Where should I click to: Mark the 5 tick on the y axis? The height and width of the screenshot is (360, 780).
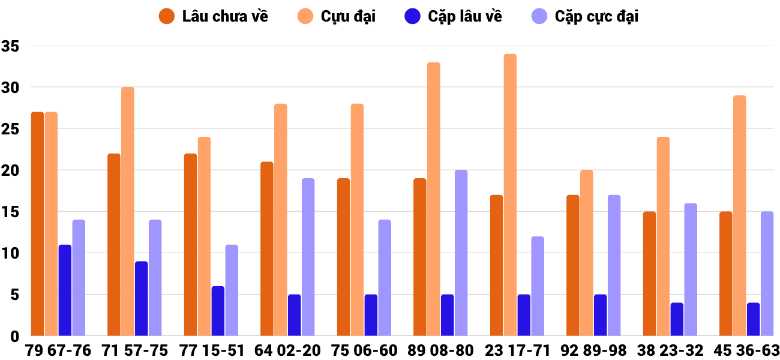tap(14, 295)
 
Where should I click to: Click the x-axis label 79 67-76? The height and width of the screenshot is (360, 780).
tap(58, 350)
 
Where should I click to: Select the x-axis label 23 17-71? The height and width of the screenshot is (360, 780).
tap(517, 350)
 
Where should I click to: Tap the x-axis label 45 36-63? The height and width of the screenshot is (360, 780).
tap(746, 350)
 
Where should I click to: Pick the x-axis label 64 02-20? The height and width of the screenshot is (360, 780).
tap(287, 350)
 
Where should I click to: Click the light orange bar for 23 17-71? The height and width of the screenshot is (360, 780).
tap(510, 195)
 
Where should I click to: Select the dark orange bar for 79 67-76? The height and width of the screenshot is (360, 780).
tap(37, 224)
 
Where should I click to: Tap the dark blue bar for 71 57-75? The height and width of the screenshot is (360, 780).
tap(141, 298)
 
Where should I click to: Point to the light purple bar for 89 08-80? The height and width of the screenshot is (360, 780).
tap(461, 253)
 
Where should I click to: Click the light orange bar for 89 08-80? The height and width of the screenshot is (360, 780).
tap(433, 199)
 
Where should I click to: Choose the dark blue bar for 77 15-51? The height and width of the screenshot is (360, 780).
tap(218, 311)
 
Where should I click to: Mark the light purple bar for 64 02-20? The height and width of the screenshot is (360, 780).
tap(308, 257)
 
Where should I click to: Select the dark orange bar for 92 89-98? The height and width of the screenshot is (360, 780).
tap(573, 265)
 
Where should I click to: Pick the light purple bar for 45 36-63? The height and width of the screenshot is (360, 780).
tap(767, 274)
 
